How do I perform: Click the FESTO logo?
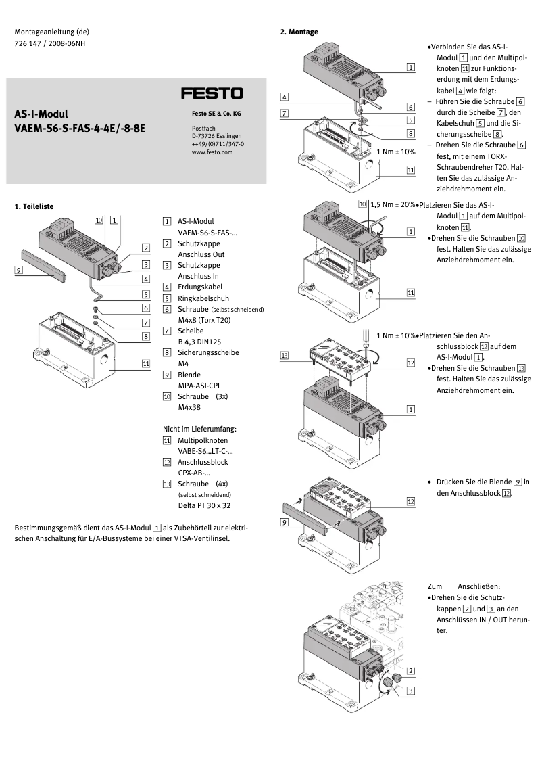click(212, 93)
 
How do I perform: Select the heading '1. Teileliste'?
click(34, 206)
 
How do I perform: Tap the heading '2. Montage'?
click(299, 32)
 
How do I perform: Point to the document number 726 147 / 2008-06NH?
click(50, 44)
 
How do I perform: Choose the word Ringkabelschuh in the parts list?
click(202, 298)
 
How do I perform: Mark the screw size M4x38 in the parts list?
click(190, 407)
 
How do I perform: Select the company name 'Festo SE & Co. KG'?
click(216, 114)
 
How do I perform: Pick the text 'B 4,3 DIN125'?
click(201, 342)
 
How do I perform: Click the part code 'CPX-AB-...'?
click(195, 473)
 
